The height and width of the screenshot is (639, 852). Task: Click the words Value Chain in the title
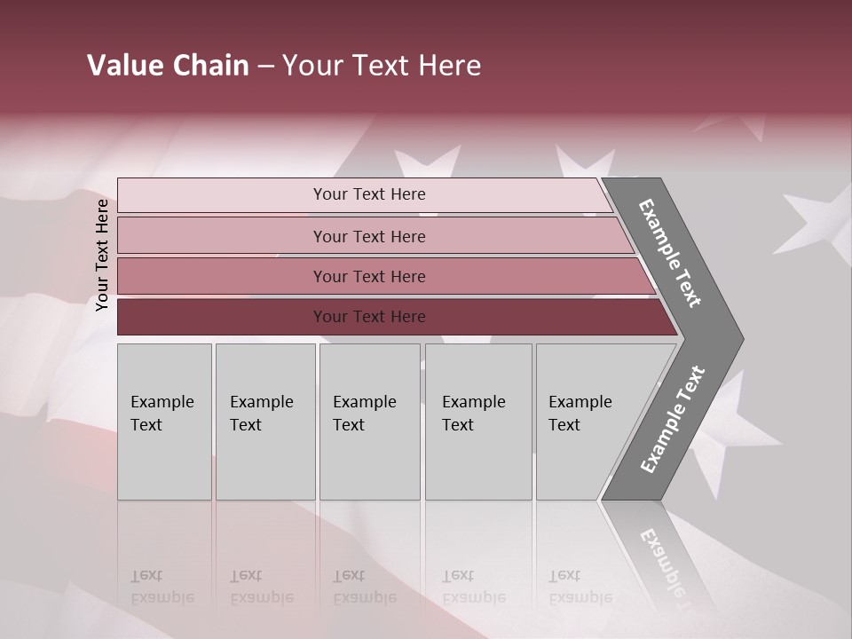pyautogui.click(x=168, y=66)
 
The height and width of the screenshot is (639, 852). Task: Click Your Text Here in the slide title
pyautogui.click(x=382, y=66)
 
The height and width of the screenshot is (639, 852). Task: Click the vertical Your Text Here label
pyautogui.click(x=102, y=255)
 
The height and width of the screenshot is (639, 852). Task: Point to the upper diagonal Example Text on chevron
pyautogui.click(x=670, y=253)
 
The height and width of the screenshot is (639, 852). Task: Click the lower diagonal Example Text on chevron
pyautogui.click(x=672, y=420)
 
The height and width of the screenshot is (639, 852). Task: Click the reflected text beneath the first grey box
pyautogui.click(x=162, y=587)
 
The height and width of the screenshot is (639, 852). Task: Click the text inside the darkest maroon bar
pyautogui.click(x=369, y=317)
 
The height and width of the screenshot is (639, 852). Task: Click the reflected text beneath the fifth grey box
pyautogui.click(x=580, y=587)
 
